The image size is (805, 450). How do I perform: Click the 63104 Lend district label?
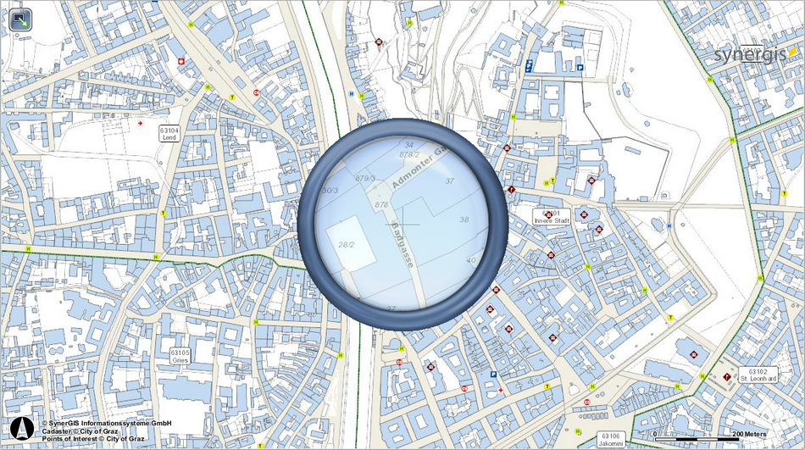coord(168,132)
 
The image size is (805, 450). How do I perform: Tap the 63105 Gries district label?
coord(179,355)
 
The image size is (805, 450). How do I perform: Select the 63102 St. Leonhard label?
coord(758,375)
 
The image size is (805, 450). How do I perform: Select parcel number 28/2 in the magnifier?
coord(346,244)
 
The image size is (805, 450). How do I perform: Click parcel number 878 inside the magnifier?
coord(381,205)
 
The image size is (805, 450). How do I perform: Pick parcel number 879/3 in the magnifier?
coord(365,178)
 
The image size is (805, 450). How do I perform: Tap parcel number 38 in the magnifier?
coord(464,219)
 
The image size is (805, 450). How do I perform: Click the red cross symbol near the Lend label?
coord(141,123)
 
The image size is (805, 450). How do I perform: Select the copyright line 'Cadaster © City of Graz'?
coord(81,431)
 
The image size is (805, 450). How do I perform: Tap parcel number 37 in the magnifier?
coord(449,181)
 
